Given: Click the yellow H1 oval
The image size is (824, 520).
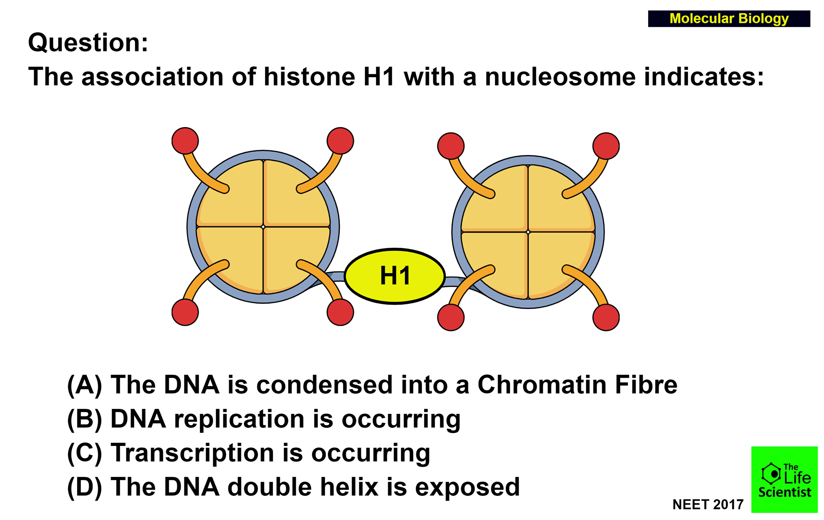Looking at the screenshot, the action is [x=395, y=276].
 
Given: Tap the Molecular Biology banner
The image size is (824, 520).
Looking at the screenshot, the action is [x=729, y=18].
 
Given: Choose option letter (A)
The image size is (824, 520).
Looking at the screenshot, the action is [x=84, y=385].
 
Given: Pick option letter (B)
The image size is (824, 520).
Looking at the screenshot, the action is [x=84, y=419].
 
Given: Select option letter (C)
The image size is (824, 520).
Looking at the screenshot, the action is [x=84, y=453].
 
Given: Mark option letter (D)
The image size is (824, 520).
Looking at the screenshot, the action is [x=84, y=487].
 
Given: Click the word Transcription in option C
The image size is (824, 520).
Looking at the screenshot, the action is [x=193, y=454].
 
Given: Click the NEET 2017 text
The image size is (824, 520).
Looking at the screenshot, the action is [x=708, y=504].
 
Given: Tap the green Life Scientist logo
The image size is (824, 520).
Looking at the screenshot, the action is [x=785, y=479].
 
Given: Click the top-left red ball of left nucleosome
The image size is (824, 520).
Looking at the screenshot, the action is [x=185, y=141].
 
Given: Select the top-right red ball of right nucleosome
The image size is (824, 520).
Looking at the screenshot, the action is [x=606, y=146].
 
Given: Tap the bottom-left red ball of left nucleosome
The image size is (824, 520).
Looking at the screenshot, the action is [x=185, y=312].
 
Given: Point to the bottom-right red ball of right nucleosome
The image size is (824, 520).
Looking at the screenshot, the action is [x=606, y=317].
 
